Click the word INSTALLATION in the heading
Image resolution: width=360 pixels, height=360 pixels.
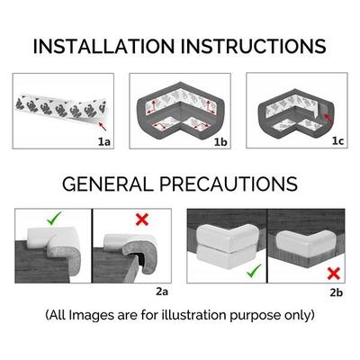[103, 47]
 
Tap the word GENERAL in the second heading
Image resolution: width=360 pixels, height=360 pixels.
[108, 184]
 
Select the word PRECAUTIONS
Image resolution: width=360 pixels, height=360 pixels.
[229, 184]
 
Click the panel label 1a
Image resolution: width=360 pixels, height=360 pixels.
[104, 141]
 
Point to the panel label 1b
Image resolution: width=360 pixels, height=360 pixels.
[220, 142]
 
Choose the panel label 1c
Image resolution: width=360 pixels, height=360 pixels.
[337, 141]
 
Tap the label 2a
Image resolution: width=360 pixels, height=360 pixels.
[162, 292]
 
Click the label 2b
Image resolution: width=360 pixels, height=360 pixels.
[336, 292]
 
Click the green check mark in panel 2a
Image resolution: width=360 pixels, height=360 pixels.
[54, 218]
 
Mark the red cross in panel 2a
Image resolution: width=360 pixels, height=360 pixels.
[142, 220]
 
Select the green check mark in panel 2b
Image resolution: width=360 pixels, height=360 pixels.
[254, 271]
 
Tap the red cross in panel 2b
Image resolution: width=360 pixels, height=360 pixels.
[333, 274]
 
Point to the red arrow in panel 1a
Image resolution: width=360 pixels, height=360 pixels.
[102, 126]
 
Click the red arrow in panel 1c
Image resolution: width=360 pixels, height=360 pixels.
[328, 118]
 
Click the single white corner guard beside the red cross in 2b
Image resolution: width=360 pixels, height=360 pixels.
[304, 241]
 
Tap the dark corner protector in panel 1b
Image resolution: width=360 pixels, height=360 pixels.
[180, 112]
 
